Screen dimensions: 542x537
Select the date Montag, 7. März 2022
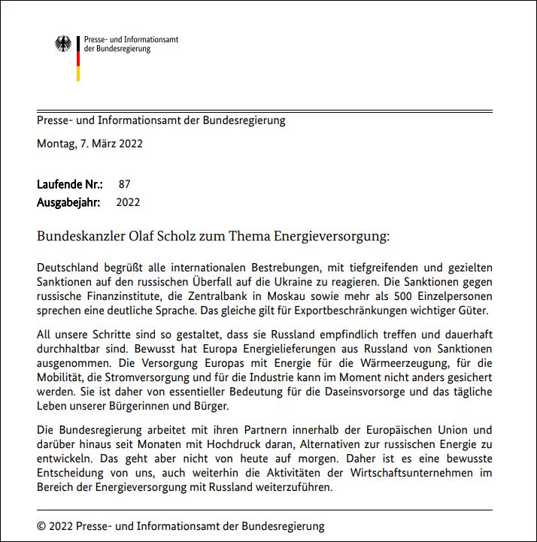pyautogui.click(x=89, y=143)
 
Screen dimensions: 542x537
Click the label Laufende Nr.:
pyautogui.click(x=70, y=183)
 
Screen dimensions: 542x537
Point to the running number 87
pyautogui.click(x=125, y=183)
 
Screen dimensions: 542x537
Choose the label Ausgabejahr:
pyautogui.click(x=68, y=202)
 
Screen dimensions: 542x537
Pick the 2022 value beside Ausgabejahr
pyautogui.click(x=128, y=202)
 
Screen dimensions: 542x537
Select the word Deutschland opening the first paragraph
pyautogui.click(x=68, y=268)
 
